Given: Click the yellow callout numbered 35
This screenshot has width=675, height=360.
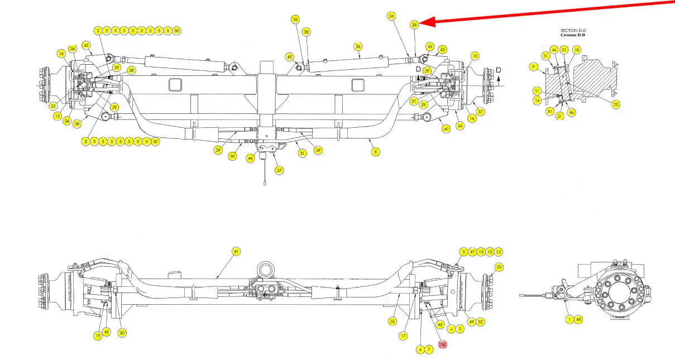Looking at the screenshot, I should coord(414,25).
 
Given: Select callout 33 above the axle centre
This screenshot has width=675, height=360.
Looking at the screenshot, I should coord(295,20).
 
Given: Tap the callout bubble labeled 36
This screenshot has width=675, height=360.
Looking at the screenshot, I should coord(358,46).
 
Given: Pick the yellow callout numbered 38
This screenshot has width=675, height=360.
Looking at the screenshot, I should coord(306,32).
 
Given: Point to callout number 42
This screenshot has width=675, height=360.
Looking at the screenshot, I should coord(442,50).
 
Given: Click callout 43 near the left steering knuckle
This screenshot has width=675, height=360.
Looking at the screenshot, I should coord(86,45).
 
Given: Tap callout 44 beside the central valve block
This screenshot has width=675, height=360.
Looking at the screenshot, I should coord(251,159).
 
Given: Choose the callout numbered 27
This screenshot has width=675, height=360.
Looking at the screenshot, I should coord(279,170).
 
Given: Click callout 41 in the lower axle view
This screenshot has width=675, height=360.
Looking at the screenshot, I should coord(236,252).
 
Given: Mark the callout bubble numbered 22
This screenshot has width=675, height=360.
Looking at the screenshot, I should coord(499,267).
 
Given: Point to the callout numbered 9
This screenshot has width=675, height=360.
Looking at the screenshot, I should coord(534,67).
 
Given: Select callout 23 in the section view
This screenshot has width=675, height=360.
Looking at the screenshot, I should coord(616,104).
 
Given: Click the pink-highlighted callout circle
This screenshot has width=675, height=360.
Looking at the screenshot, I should coord(443,345).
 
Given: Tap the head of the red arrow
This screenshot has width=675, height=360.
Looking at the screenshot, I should coord(422,22).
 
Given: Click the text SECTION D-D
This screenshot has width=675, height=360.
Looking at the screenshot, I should coord(572,30).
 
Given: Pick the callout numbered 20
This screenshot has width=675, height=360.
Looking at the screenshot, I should coord(122,333).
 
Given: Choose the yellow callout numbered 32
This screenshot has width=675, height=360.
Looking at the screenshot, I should coord(393,321).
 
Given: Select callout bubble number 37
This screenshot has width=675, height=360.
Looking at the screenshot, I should coord(480,112).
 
